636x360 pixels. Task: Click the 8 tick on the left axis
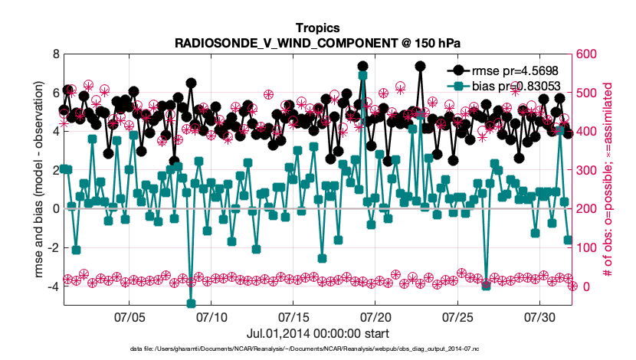point(56,54)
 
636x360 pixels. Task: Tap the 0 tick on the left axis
point(56,208)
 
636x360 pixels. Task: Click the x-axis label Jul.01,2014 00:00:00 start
point(318,334)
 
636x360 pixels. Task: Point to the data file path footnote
point(318,349)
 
